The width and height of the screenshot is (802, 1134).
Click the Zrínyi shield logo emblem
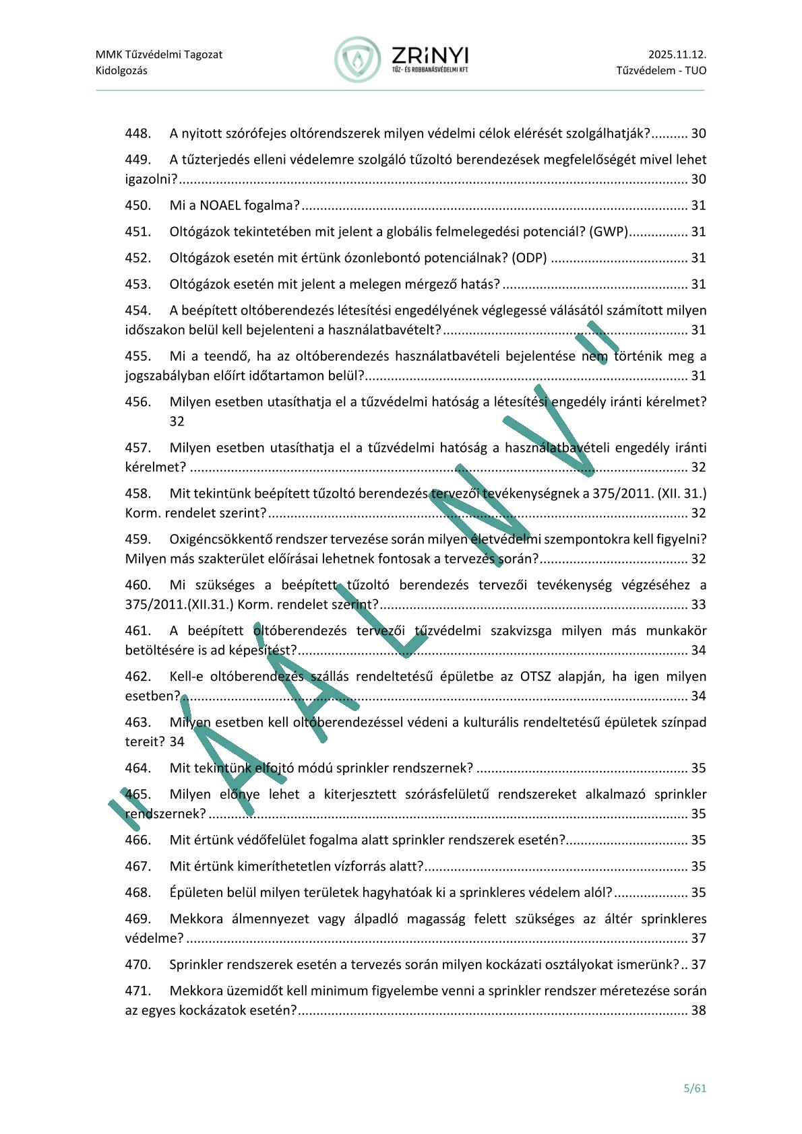point(357,60)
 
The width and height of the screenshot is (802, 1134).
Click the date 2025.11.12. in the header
point(677,55)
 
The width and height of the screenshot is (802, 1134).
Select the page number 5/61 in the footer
point(695,1088)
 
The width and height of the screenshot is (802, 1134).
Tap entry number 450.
point(137,205)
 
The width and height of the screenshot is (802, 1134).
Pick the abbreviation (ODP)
point(529,258)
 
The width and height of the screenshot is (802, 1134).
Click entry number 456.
point(137,402)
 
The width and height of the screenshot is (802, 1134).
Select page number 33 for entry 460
point(698,605)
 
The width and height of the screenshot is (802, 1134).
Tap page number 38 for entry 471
point(698,1010)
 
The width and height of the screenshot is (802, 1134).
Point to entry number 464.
point(137,768)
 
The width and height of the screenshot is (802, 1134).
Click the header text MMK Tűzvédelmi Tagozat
point(159,55)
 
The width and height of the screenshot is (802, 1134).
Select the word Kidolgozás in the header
point(121,71)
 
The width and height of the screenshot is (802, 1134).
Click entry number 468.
point(137,893)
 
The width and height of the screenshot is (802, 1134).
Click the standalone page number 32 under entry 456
point(177,422)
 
